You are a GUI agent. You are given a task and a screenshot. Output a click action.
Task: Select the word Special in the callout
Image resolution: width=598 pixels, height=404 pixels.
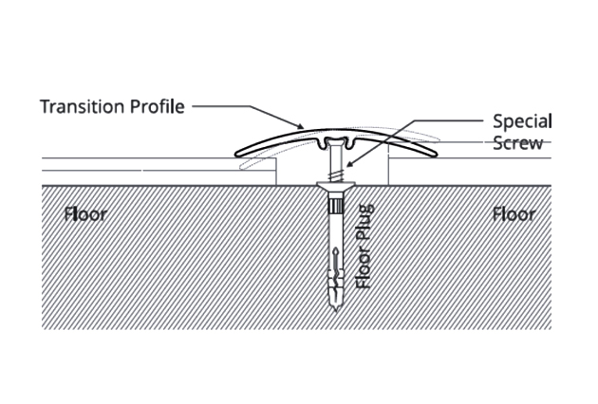pyautogui.click(x=522, y=122)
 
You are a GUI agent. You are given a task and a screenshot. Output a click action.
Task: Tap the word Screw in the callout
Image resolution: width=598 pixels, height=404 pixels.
pyautogui.click(x=518, y=143)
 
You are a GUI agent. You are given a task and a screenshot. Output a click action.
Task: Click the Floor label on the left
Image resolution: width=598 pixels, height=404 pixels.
pyautogui.click(x=85, y=213)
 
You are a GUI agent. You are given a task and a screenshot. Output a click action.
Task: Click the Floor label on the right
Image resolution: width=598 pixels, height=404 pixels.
pyautogui.click(x=514, y=213)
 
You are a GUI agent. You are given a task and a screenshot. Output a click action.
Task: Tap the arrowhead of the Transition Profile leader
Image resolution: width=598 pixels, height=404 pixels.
pyautogui.click(x=301, y=127)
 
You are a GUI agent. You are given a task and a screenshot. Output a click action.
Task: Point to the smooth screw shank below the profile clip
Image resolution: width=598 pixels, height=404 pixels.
pyautogui.click(x=334, y=159)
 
